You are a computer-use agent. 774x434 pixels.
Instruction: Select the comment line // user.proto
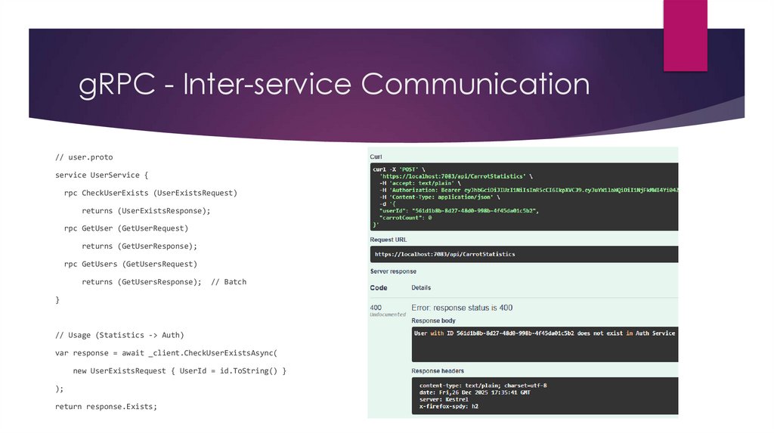84,157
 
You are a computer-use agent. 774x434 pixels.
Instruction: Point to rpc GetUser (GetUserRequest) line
126,228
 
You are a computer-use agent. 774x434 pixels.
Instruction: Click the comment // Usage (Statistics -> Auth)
119,335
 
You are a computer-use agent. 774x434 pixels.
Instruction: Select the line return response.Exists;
106,407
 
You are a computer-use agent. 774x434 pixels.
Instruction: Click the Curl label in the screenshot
376,157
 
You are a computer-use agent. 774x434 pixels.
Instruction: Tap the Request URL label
389,240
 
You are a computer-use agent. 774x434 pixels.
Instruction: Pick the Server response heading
393,271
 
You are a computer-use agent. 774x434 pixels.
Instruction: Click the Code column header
379,288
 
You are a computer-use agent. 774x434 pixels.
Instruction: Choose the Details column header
421,288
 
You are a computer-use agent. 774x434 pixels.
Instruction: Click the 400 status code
376,308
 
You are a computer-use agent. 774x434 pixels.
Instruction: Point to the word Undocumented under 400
387,315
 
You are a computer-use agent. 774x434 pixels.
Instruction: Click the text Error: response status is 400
462,308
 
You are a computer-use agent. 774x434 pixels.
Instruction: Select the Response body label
435,320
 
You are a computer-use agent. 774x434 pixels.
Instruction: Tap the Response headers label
438,371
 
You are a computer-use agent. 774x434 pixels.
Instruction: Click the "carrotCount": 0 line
405,218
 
